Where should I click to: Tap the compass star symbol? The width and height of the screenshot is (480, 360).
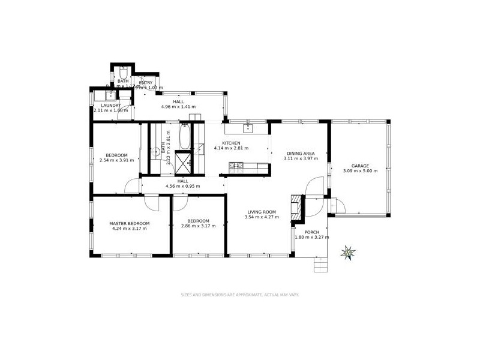(347, 252)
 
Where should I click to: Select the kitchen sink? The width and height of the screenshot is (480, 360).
(247, 128)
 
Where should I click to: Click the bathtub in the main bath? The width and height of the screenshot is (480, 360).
(185, 137)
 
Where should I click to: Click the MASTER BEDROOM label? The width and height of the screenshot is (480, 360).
(128, 223)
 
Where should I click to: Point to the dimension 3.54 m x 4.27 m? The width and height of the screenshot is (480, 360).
(260, 217)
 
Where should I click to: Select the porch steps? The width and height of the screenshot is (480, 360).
(321, 263)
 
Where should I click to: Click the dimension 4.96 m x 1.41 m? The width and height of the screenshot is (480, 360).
(178, 107)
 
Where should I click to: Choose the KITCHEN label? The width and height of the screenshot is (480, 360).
(231, 143)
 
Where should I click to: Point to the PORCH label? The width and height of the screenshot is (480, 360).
(311, 232)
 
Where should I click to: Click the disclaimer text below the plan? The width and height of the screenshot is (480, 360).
(240, 295)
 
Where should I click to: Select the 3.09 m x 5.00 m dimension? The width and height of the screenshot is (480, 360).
(360, 171)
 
